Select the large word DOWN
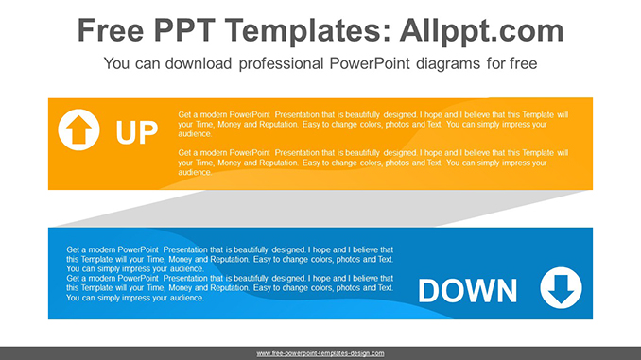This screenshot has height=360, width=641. point(467,291)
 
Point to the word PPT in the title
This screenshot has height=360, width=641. point(196,31)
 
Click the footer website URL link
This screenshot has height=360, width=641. point(320,353)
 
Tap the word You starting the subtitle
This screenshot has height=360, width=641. point(117,64)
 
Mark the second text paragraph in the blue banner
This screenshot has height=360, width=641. point(230,287)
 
